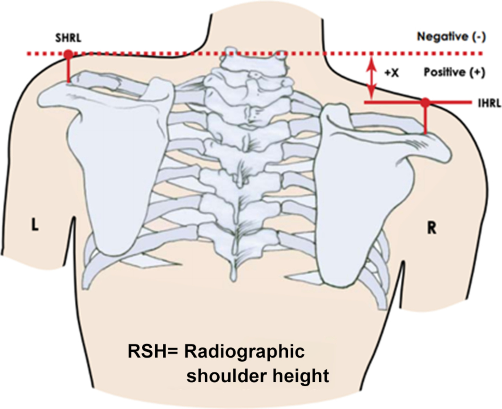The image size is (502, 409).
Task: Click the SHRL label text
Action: tap(68, 38)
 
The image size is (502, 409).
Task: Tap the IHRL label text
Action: tap(489, 103)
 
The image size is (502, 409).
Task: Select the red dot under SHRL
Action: tap(68, 54)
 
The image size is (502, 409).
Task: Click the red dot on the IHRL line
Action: tap(425, 102)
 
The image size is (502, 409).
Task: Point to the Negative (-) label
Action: tap(451, 37)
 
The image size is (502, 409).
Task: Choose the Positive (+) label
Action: tap(454, 72)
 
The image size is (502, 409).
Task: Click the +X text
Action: tap(391, 73)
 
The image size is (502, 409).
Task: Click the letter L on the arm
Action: tap(35, 226)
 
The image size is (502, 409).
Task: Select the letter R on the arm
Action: tap(432, 228)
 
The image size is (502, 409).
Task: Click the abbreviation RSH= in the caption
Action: tap(153, 351)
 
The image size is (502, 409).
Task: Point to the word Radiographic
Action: tap(244, 352)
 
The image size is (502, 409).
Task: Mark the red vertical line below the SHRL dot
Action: tap(68, 70)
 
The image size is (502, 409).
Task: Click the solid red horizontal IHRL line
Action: tap(390, 102)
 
